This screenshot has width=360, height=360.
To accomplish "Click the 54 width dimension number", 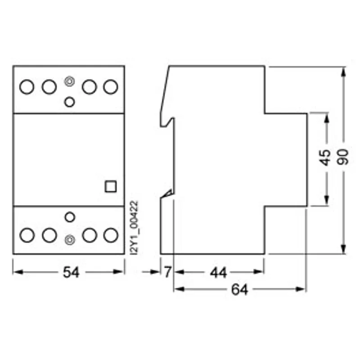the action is click(71, 272).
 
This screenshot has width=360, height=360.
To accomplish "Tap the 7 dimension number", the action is click(168, 272).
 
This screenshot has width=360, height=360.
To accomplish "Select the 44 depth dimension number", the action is click(218, 273).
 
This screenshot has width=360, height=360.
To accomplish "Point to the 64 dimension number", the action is click(240, 289).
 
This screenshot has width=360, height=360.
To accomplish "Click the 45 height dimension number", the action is click(325, 158).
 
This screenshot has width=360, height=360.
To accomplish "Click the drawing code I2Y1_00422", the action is click(134, 228).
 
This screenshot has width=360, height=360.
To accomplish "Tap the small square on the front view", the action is click(111, 186).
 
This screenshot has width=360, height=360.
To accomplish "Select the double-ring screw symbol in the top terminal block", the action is click(69, 81).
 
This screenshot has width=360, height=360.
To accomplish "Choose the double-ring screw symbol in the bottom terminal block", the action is click(70, 240).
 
